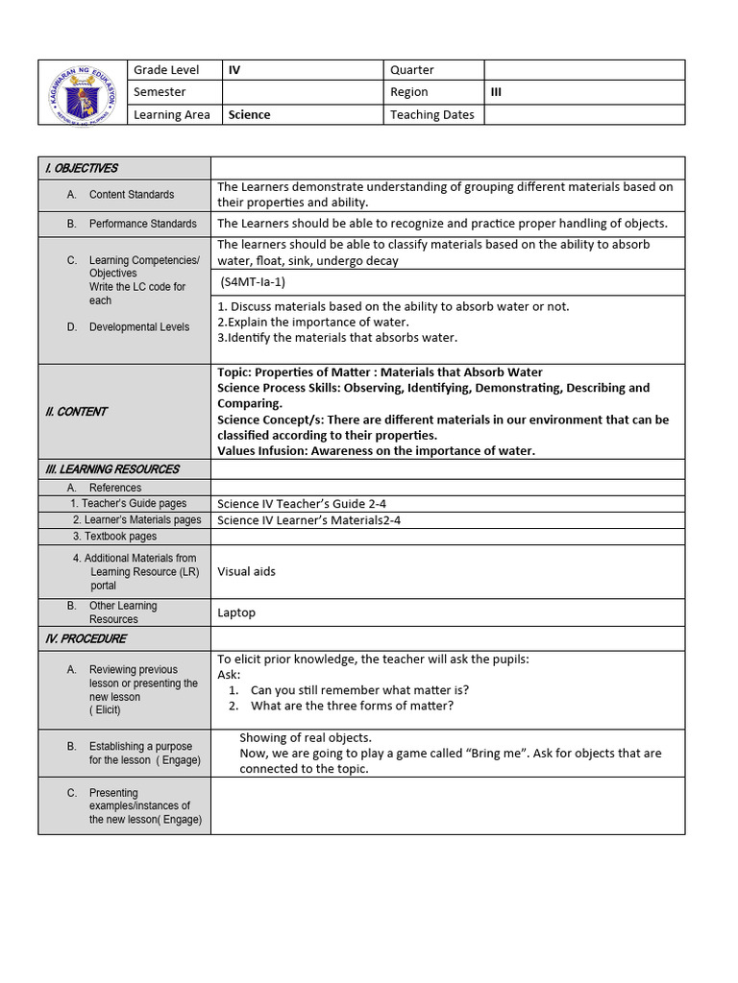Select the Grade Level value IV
point(234,70)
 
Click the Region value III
point(496,92)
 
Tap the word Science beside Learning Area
point(249,114)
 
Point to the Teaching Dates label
point(432,114)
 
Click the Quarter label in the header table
point(412,70)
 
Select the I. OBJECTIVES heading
point(82,168)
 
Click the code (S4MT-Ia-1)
point(253,282)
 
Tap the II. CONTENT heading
point(77,412)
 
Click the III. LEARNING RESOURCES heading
point(112,469)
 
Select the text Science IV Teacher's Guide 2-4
point(302,504)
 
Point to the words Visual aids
point(246,571)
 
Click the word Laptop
point(236,612)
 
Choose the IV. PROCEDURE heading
point(86,638)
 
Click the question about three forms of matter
point(352,706)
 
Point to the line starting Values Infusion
point(377,451)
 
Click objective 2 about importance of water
point(313,322)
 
